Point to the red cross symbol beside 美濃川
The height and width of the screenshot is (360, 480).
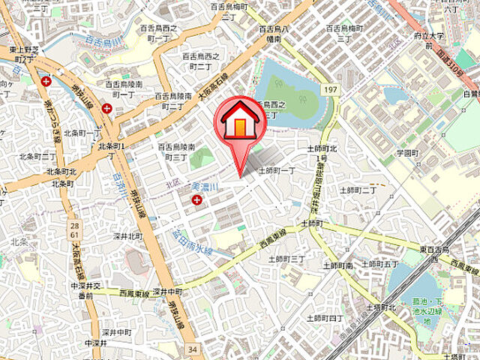pos(197,199)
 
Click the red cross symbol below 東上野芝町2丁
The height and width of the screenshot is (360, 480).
pos(47,81)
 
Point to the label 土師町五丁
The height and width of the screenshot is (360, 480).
pos(379,264)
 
